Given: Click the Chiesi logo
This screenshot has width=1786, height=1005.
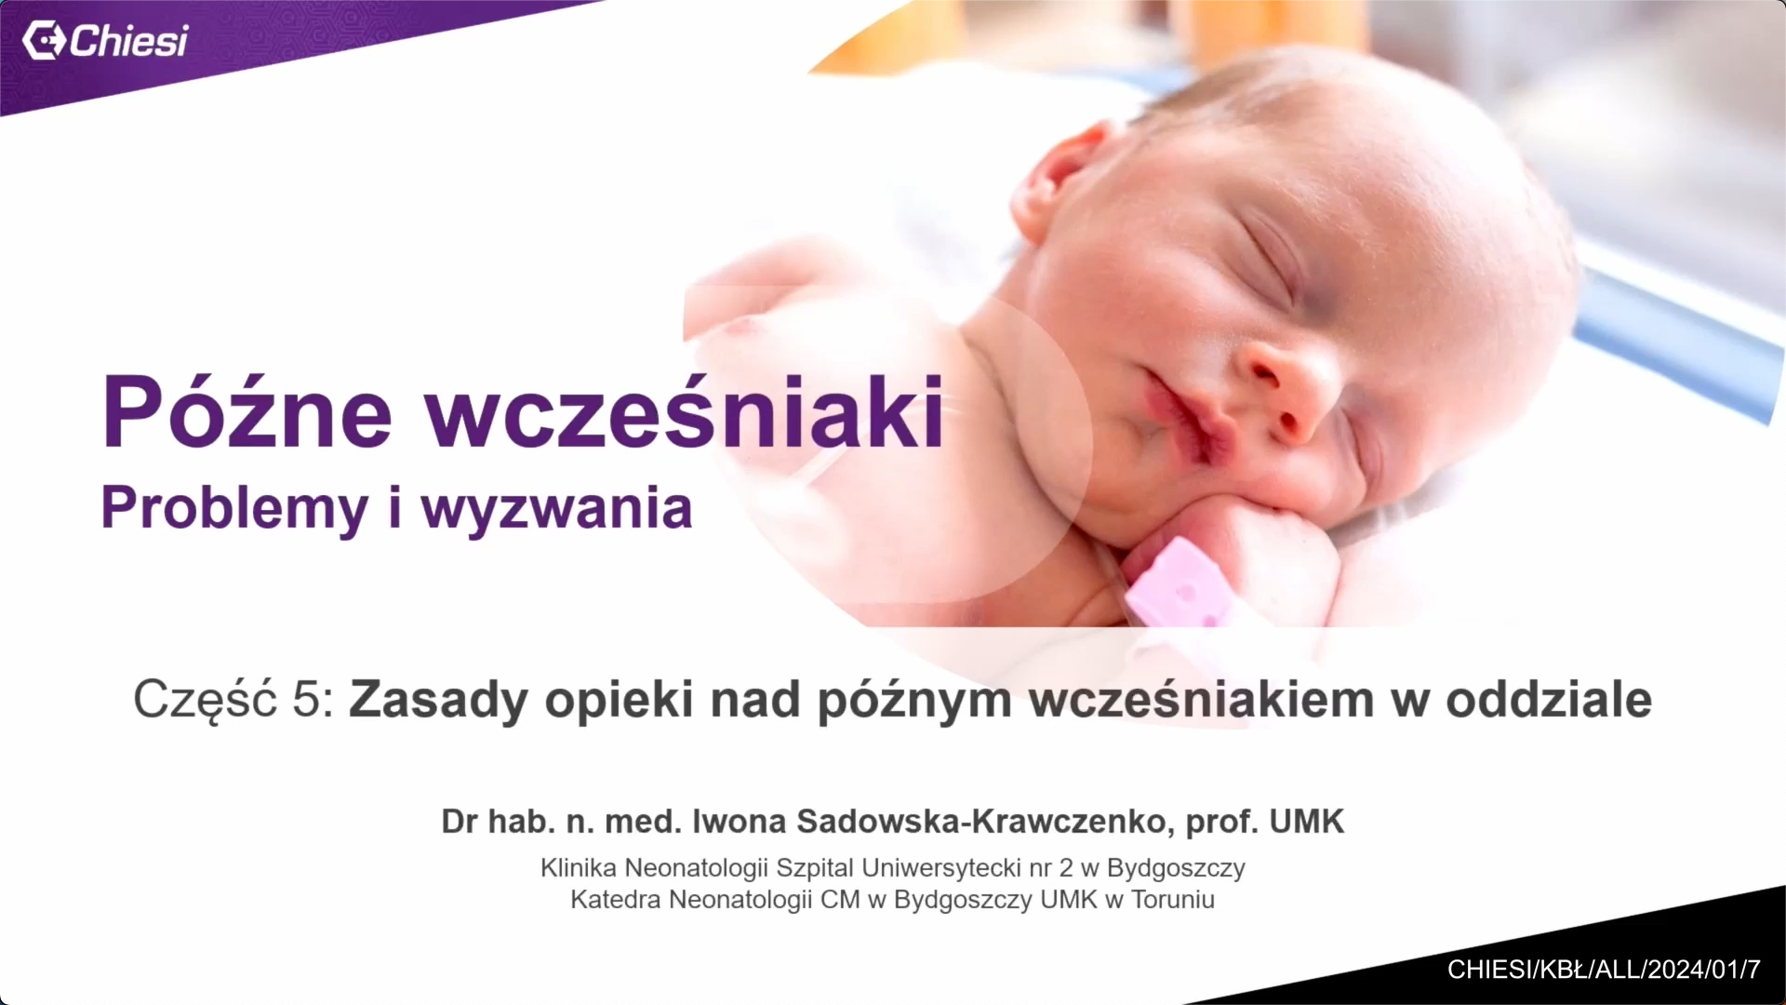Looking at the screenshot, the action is tap(105, 41).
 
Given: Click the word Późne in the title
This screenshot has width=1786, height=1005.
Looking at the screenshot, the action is tap(247, 412).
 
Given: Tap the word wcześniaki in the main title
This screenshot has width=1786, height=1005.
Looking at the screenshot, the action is tap(686, 412).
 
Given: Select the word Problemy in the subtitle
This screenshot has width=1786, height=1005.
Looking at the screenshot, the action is tap(234, 509).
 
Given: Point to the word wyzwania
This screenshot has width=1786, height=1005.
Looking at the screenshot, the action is tap(557, 509).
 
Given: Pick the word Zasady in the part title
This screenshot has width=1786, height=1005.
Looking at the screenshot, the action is tap(438, 700).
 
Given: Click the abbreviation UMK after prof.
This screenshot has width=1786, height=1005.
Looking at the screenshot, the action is tap(1307, 822).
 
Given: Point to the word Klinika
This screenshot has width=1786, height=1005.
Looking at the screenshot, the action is tap(578, 868).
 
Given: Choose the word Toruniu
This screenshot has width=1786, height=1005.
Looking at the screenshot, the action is tap(1173, 900).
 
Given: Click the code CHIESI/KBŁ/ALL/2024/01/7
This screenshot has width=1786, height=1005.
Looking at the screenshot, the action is tap(1604, 970).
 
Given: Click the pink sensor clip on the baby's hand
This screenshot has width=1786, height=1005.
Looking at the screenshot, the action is tap(1177, 586).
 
